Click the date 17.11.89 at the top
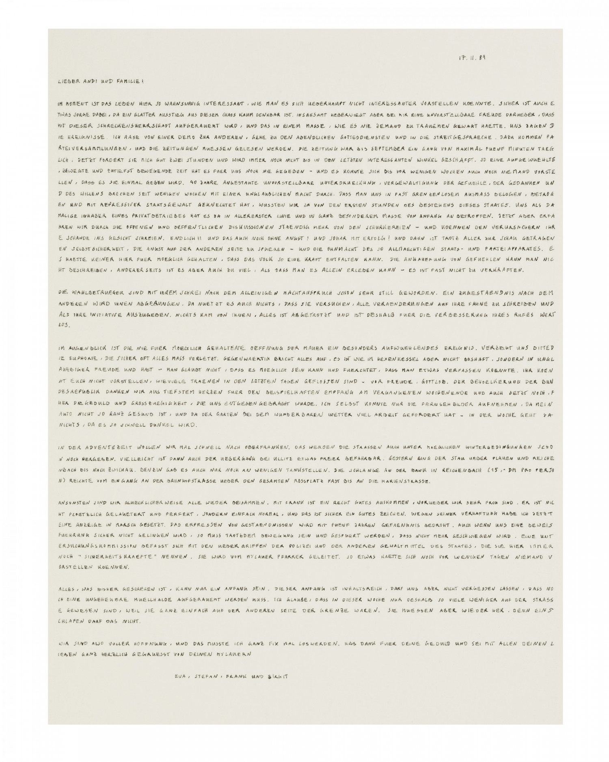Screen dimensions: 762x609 click(x=471, y=57)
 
